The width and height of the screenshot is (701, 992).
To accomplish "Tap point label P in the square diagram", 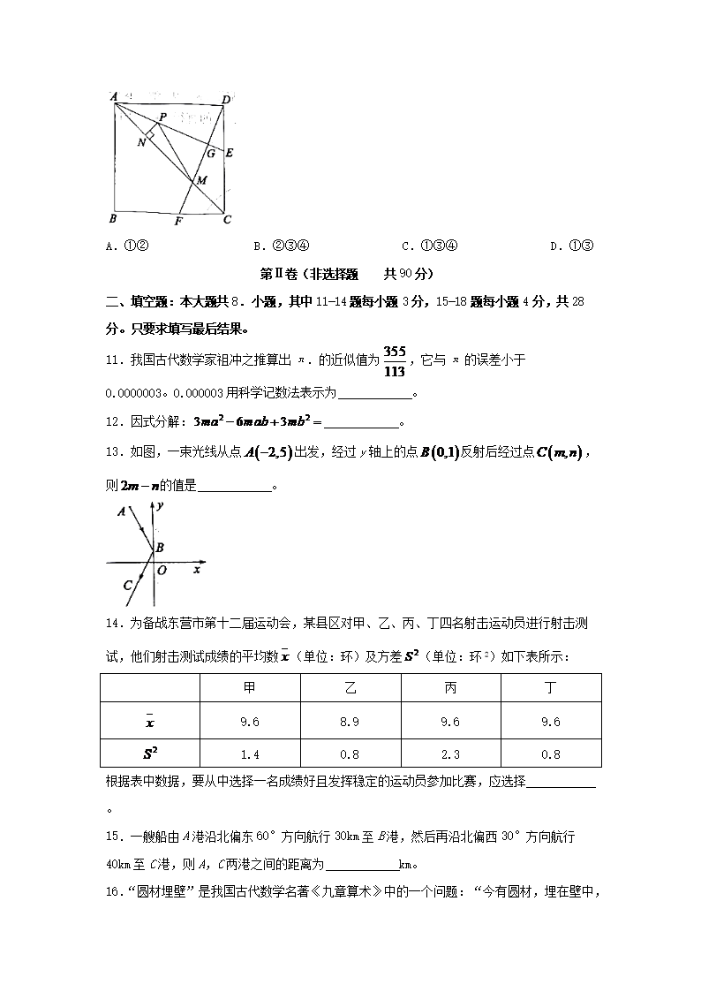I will (162, 117).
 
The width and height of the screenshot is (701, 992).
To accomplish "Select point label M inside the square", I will (201, 180).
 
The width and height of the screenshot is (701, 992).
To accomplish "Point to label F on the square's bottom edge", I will (177, 221).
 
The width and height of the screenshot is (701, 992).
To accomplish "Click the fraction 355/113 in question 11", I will (395, 360).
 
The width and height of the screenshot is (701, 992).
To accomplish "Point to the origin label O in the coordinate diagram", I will (162, 571).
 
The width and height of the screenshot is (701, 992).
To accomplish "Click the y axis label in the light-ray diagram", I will (162, 507).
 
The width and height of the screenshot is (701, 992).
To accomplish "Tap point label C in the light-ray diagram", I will (127, 584).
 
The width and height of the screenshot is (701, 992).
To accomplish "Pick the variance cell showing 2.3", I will (449, 753).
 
